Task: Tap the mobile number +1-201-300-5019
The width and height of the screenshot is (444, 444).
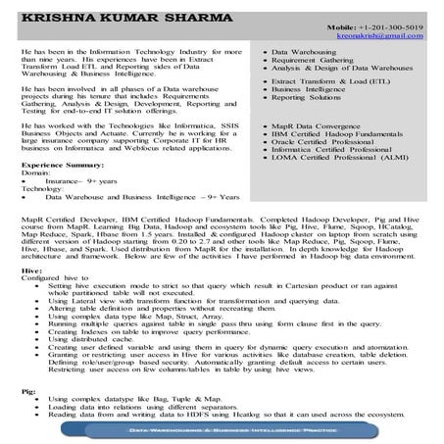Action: click(389, 26)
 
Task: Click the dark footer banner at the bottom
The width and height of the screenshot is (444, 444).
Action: click(222, 430)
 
